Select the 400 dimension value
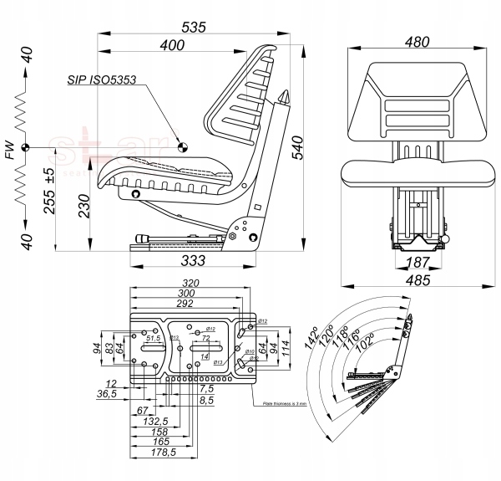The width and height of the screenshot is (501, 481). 173,46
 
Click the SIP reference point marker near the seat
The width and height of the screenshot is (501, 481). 183,146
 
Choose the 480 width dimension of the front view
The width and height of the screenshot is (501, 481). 416,42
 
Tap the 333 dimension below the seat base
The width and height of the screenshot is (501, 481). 194,260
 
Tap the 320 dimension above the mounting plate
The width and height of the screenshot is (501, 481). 191,284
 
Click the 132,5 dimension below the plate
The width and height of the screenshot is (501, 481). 157,421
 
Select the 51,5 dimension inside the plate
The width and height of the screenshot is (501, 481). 153,339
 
